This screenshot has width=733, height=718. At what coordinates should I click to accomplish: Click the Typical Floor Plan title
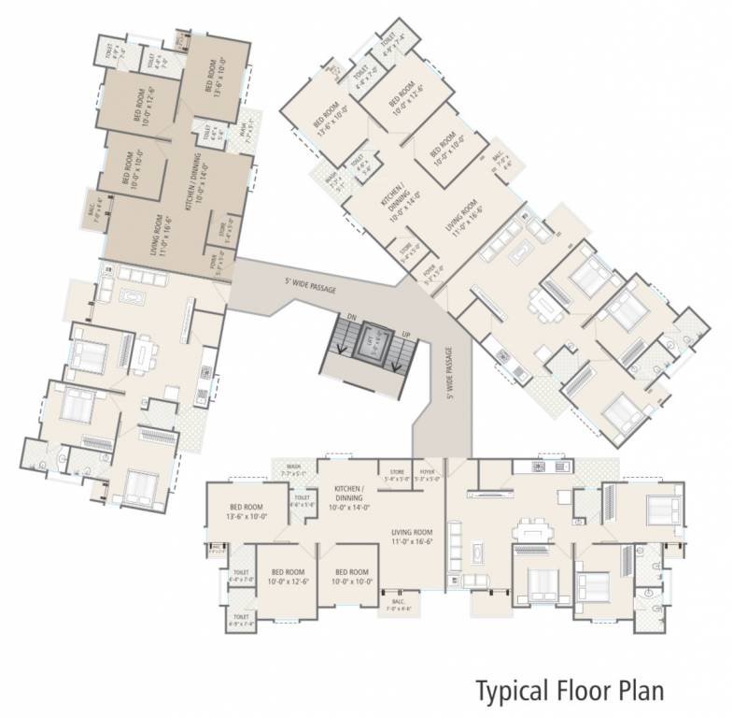pos(569,692)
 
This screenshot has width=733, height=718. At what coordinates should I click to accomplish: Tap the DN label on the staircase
pos(352,318)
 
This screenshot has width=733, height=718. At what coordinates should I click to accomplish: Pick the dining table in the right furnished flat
pos(543,303)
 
